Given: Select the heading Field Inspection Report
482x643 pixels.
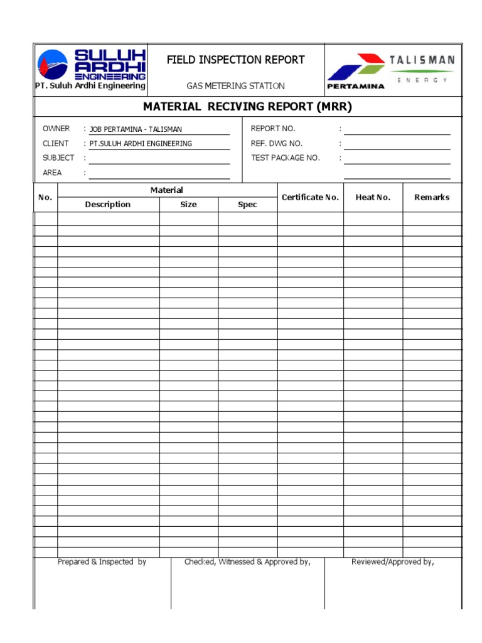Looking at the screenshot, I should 235,60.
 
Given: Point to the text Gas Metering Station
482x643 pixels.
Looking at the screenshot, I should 235,86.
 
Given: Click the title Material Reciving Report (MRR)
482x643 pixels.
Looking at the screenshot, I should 247,107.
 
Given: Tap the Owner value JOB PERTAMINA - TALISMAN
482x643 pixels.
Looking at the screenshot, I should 136,129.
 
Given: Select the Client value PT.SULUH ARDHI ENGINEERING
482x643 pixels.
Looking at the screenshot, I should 141,144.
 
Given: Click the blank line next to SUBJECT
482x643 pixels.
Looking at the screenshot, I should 159,158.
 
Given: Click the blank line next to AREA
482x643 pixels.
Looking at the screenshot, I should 159,173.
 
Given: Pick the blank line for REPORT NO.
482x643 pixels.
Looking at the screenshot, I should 397,129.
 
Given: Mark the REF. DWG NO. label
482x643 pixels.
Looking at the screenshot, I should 276,144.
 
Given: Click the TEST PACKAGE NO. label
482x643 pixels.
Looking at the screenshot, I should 285,158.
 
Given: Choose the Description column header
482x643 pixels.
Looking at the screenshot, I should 108,205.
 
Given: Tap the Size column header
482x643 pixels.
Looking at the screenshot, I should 188,205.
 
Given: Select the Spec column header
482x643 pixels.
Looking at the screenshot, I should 247,205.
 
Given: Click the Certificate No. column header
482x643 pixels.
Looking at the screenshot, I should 310,197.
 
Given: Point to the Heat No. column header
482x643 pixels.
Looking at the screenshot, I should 373,197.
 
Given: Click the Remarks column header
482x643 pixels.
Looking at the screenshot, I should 432,197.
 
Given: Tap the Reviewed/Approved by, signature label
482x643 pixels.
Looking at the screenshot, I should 393,562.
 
